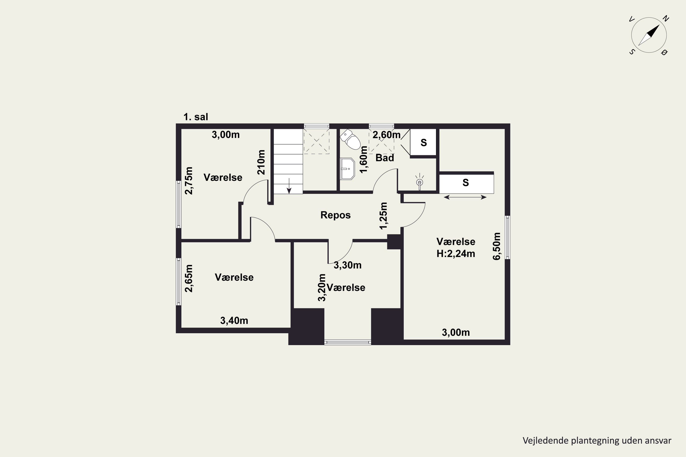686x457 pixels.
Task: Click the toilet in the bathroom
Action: point(350,139)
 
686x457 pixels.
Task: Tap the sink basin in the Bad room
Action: point(347,169)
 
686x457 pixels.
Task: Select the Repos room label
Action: point(335,215)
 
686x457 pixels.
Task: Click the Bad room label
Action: point(385,158)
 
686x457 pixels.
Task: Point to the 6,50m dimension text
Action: point(496,246)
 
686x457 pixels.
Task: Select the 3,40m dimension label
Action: point(234,321)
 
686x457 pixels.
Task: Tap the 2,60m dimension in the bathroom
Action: point(386,135)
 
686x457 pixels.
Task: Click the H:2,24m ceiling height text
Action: point(456,254)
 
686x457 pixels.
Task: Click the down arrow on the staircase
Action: point(289,186)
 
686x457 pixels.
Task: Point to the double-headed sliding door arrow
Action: point(465,197)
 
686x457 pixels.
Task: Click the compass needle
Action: point(649,35)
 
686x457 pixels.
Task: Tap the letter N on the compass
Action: point(666,19)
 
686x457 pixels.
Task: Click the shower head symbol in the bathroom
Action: point(419,182)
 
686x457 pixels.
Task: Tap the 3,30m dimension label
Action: point(347,265)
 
